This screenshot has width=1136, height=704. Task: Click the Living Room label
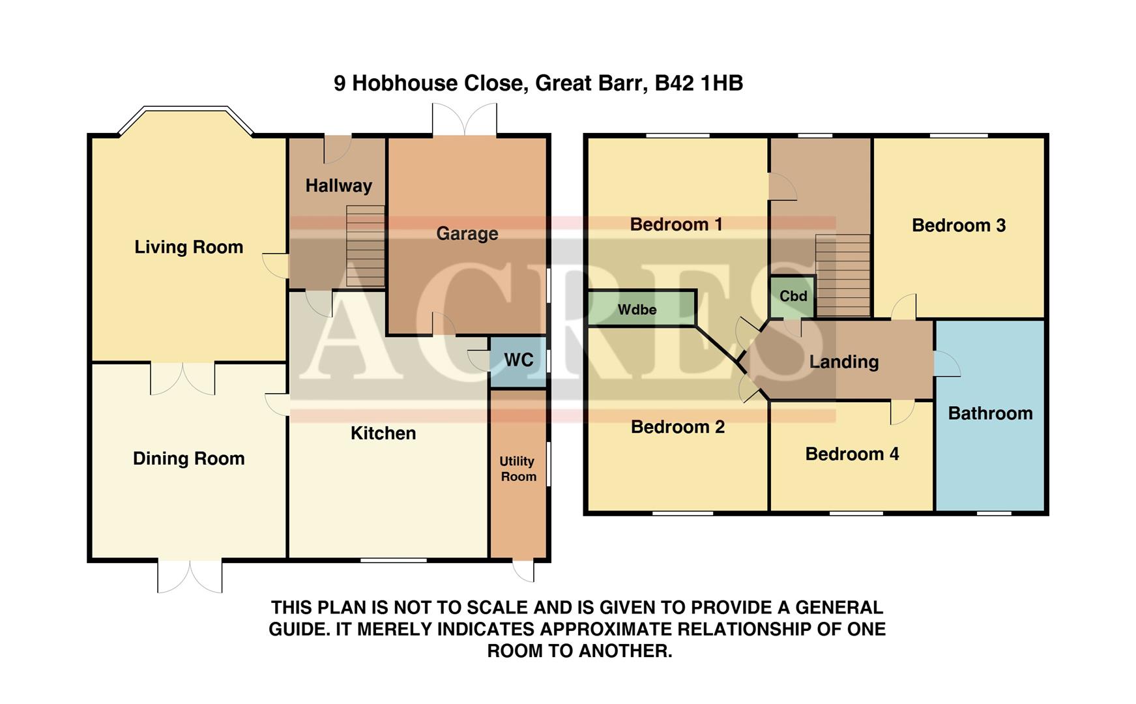188,247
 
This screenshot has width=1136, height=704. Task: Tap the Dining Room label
188,458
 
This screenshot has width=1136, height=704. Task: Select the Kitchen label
383,433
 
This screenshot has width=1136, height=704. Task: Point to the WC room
518,360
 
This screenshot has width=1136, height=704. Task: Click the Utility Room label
518,469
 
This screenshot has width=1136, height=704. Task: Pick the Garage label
467,233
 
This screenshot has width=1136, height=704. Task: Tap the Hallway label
338,186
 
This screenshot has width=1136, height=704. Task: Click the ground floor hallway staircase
365,246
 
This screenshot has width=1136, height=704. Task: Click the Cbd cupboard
793,297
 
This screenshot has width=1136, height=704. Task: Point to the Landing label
843,362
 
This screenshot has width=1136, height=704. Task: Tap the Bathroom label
990,413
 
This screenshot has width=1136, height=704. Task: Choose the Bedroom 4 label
852,454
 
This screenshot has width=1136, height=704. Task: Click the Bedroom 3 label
958,226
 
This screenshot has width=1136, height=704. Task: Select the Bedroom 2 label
677,427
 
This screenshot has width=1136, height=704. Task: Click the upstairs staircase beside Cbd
843,274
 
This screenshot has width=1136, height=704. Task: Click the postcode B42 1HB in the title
699,83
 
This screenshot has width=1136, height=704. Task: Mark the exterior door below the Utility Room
523,570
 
